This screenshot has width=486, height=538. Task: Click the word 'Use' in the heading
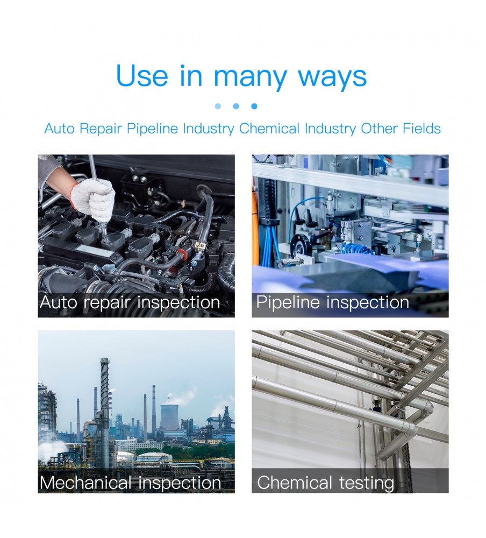[x=142, y=76]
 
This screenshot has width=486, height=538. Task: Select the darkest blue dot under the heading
[x=254, y=107]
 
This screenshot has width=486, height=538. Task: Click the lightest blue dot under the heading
[x=218, y=107]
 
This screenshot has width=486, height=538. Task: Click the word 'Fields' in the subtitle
[x=421, y=129]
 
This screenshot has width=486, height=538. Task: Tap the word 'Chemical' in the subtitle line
[x=269, y=129]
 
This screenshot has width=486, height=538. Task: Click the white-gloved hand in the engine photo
[x=94, y=199]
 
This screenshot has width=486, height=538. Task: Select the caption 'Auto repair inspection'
[x=130, y=302]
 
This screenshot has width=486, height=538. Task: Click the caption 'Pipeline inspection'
[x=332, y=302]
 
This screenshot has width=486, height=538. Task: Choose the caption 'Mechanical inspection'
[x=130, y=483]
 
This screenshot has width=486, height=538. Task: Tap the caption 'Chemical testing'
[x=325, y=483]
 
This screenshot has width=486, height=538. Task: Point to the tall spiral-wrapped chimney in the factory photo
[x=104, y=412]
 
